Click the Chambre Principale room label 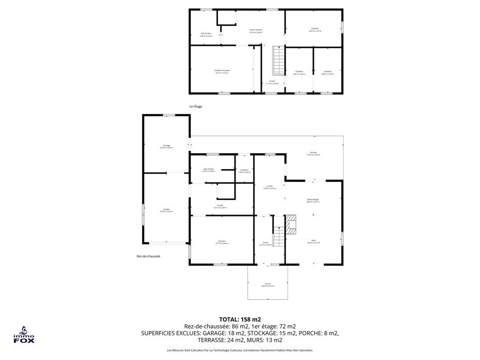click(x=222, y=71)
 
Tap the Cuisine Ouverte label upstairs click(x=256, y=31)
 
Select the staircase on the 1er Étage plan click(x=278, y=60)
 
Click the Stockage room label click(x=166, y=147)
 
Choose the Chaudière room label click(x=244, y=171)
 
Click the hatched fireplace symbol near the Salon click(x=292, y=223)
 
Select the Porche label click(x=268, y=284)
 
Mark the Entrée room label click(x=265, y=243)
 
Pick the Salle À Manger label click(x=313, y=200)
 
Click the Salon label click(x=313, y=241)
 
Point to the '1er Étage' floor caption click(x=195, y=106)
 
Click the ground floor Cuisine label click(x=269, y=187)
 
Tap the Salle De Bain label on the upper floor click(x=206, y=34)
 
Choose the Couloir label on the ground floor click(x=220, y=206)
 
